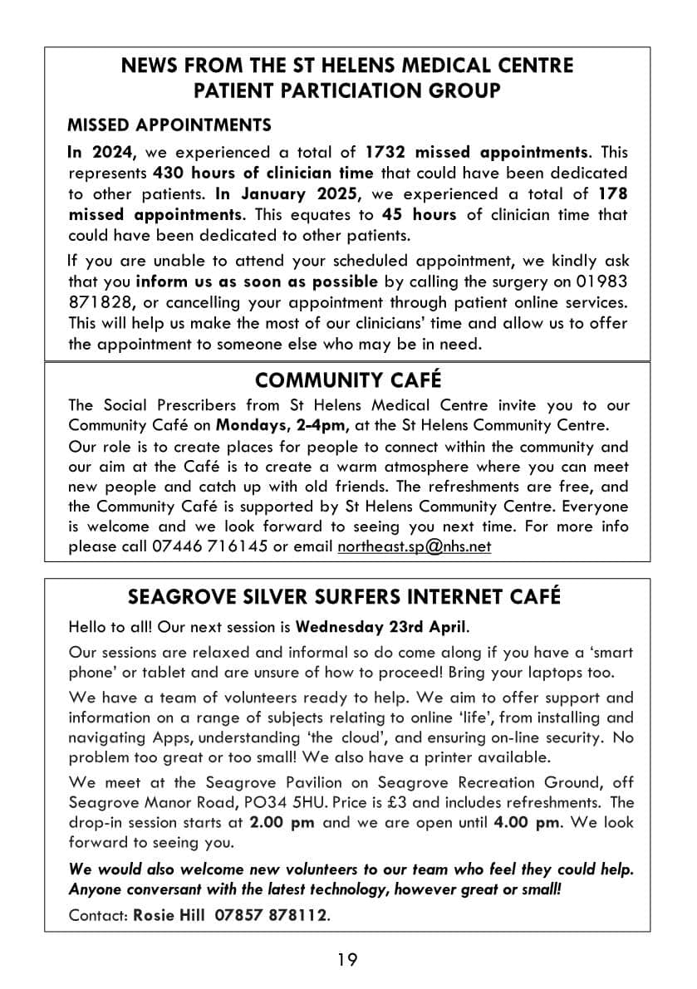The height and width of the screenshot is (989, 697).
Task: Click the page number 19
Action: point(348,960)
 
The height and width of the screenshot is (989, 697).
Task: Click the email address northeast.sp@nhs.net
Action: point(414,547)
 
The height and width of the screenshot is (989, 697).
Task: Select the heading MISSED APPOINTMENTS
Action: point(169,125)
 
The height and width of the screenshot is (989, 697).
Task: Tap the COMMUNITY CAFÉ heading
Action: point(348,380)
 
